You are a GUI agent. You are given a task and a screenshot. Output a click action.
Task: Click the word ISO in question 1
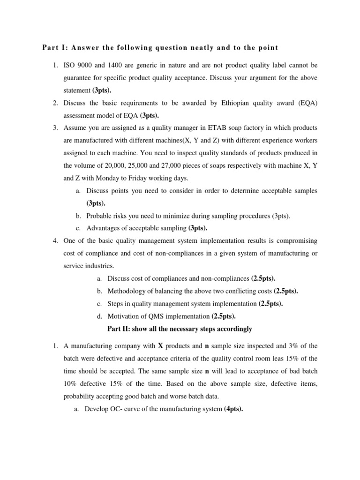[69, 64]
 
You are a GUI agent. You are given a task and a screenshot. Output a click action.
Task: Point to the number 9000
[88, 64]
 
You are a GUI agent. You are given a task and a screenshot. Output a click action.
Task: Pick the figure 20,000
[109, 166]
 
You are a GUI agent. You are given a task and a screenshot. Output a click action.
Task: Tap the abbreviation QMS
[160, 316]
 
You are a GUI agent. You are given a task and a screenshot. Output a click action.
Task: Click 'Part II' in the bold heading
[120, 329]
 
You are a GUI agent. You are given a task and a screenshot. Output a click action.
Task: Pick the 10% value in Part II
[70, 371]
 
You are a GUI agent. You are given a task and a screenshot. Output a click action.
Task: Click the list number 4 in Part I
[55, 240]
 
